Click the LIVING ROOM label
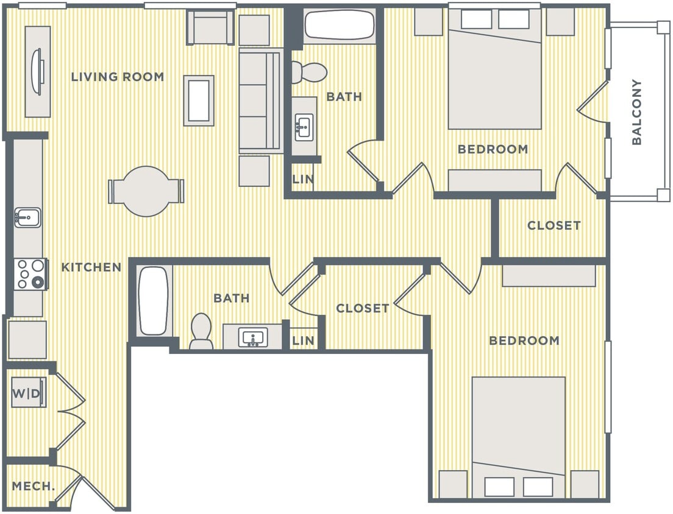[117, 77]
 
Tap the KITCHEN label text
[91, 267]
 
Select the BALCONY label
[636, 112]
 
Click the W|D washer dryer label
[27, 394]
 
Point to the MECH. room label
[34, 487]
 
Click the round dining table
[146, 191]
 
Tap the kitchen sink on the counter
[28, 216]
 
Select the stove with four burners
[30, 273]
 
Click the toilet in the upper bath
[308, 72]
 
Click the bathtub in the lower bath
[153, 301]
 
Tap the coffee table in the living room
[199, 100]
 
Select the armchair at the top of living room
[210, 27]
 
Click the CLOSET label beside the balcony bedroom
[554, 225]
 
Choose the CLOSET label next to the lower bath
[362, 308]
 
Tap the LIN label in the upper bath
[303, 180]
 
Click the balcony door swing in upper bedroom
[593, 100]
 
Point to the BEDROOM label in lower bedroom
[524, 340]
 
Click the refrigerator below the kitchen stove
[27, 339]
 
